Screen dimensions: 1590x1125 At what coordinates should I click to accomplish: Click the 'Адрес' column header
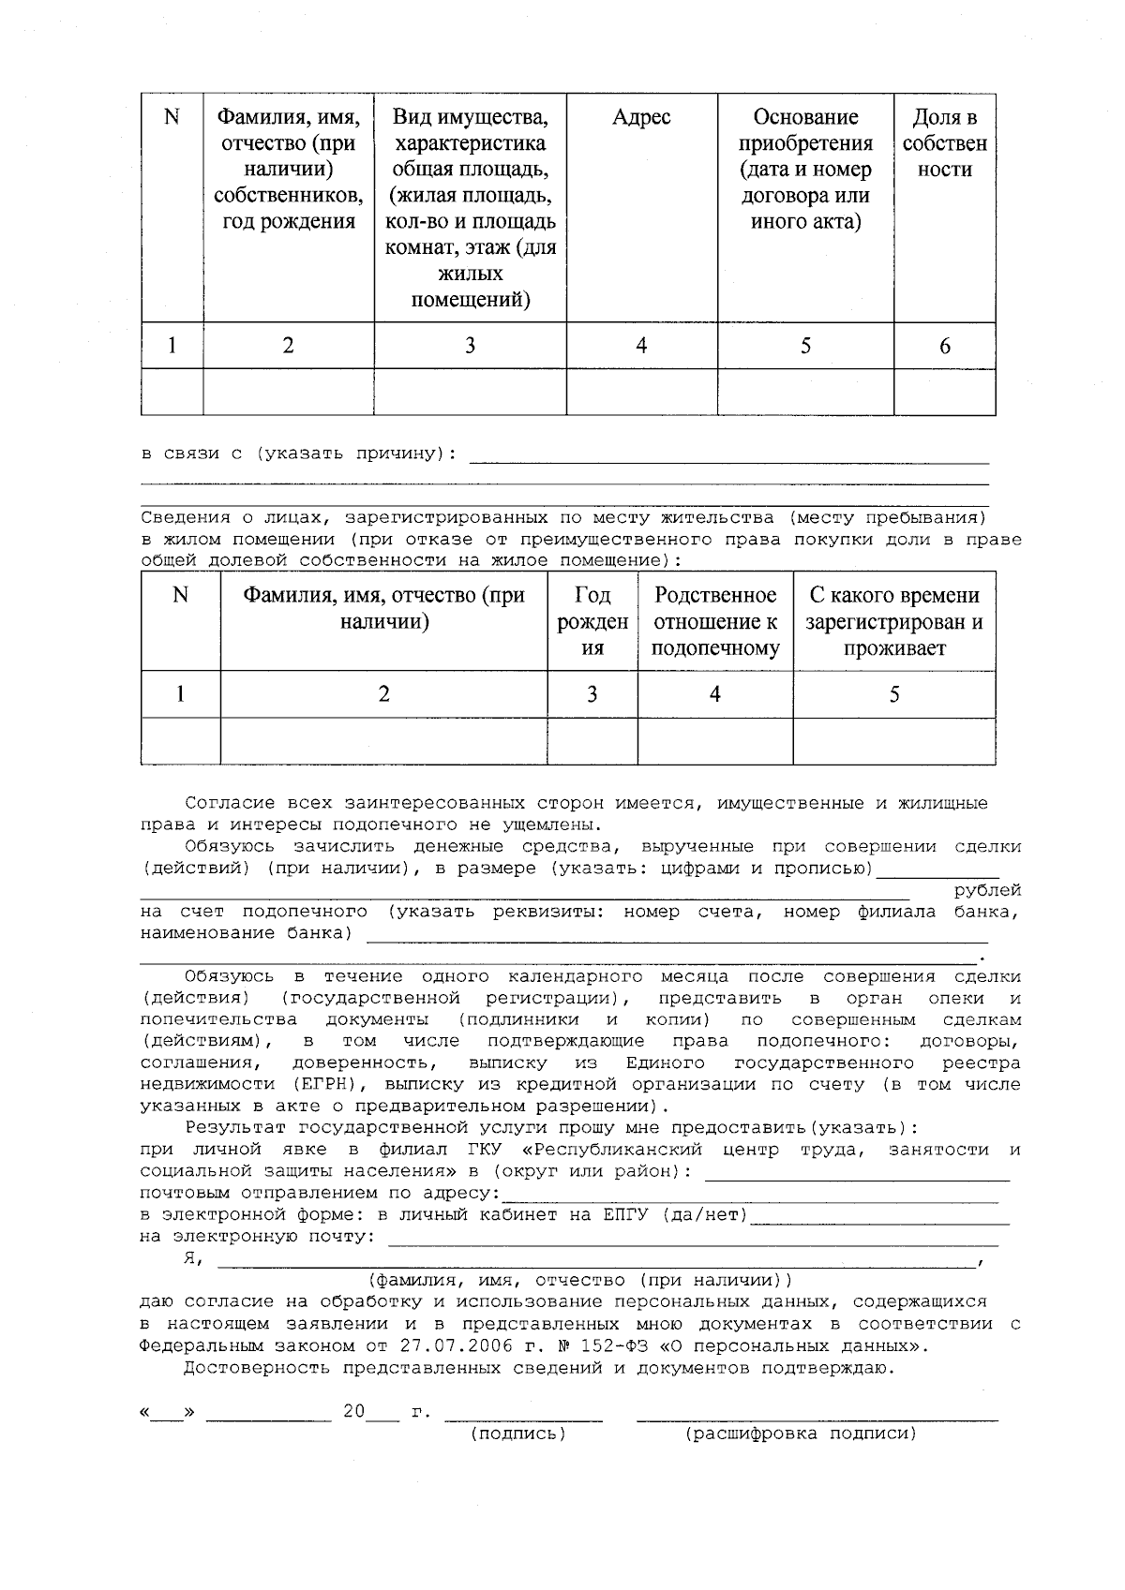(x=641, y=117)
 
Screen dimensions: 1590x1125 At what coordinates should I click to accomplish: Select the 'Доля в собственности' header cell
(x=944, y=143)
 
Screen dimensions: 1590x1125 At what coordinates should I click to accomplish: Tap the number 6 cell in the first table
(x=944, y=347)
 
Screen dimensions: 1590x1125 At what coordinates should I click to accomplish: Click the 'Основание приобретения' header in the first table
(x=805, y=170)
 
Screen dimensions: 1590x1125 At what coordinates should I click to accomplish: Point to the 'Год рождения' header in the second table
(x=592, y=621)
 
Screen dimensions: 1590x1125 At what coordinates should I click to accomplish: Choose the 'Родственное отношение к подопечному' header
(x=715, y=621)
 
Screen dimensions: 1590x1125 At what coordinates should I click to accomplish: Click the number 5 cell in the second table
(x=894, y=694)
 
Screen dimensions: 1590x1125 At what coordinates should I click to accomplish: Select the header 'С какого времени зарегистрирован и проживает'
(x=894, y=621)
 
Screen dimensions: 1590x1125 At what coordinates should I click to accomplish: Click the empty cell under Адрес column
(x=641, y=392)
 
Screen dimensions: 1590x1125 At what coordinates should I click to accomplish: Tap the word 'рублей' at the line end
(x=987, y=890)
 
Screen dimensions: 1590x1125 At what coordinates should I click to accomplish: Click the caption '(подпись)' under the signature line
(x=518, y=1434)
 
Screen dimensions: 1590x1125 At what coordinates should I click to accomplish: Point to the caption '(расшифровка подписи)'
(x=801, y=1434)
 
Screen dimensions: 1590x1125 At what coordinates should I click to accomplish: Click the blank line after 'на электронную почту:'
(x=694, y=1239)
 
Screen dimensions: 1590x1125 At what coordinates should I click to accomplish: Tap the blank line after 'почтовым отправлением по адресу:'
(x=750, y=1196)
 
